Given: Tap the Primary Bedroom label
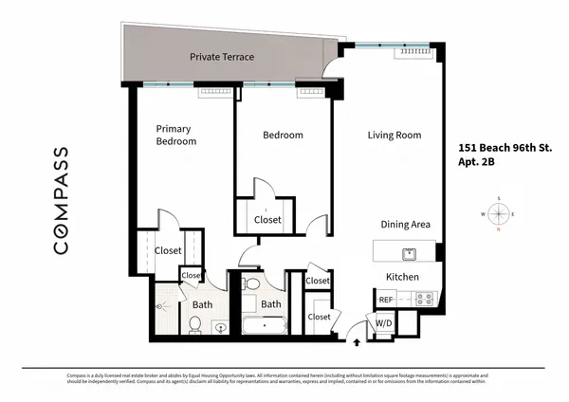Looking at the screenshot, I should (x=175, y=135).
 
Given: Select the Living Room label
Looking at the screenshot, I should (x=394, y=136).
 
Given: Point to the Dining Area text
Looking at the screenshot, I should (x=406, y=225).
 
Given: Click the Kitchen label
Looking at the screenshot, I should (x=402, y=277).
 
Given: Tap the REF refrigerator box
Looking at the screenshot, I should (x=386, y=300).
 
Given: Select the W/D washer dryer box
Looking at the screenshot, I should (x=384, y=323).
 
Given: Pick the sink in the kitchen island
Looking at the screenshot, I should (x=410, y=253).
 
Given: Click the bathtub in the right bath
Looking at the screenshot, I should (x=262, y=327).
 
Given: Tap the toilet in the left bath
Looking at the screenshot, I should (x=194, y=325).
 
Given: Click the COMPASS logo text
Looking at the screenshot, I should (x=60, y=200).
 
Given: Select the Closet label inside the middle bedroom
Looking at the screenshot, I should (x=268, y=221).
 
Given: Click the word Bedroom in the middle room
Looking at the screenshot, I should (x=283, y=136).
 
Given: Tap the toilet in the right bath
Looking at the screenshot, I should (x=252, y=284).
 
